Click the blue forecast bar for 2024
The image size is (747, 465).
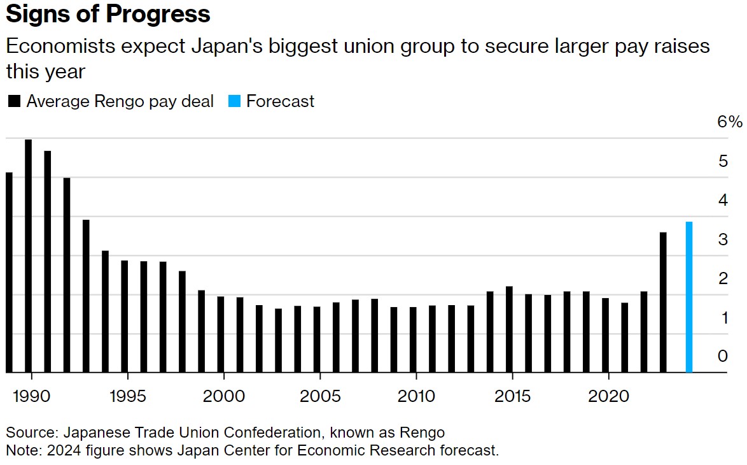pos(689,297)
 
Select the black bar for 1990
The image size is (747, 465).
pos(28,256)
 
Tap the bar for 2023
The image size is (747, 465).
pos(663,303)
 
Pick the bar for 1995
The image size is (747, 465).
pos(124,317)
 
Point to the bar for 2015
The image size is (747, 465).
pos(509,329)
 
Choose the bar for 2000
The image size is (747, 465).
pos(221,334)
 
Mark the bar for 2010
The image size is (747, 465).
pos(413,340)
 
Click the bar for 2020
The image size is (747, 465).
pos(606,335)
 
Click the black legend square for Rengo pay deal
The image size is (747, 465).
pos(14,101)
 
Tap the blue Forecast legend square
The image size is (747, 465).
pos(234,101)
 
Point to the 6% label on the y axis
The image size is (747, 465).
pos(729,122)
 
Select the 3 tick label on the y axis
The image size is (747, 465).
pos(723,240)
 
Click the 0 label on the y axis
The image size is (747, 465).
pos(723,356)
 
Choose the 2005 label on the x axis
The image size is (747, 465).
pos(320,396)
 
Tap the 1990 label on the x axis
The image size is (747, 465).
pos(31,396)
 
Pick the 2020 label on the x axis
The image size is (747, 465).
pos(608,396)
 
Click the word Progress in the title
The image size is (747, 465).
pos(158,14)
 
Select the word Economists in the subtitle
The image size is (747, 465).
pos(61,46)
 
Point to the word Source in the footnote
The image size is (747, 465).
pos(31,433)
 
